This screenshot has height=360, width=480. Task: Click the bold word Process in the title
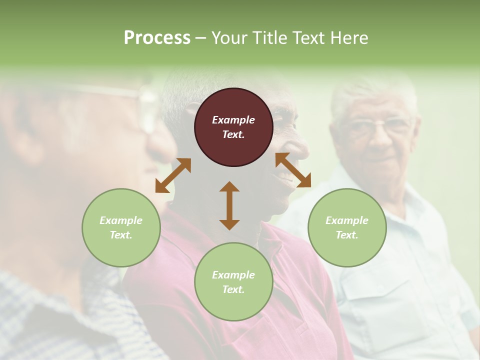157,38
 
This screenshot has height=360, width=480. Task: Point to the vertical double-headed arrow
229,205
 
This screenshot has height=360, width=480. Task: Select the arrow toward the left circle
173,175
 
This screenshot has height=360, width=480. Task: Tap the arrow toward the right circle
293,170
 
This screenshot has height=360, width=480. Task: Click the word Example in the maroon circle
233,120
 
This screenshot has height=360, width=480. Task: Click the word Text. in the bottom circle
233,289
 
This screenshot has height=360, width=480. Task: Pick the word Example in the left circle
121,220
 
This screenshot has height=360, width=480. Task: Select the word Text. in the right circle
347,235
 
